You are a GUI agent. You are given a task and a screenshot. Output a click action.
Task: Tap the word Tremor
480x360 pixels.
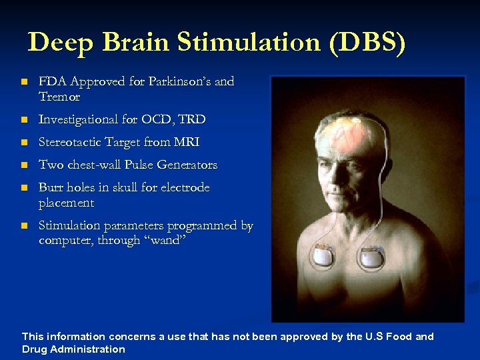[x=59, y=97]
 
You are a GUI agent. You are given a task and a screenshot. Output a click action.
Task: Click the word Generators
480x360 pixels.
[x=187, y=165]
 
